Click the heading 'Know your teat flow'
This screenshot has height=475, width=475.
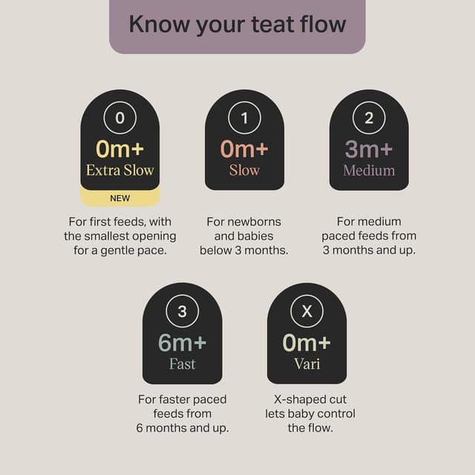point(237,24)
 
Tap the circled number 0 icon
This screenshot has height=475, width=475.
point(120,118)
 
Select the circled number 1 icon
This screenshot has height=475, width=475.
point(244,118)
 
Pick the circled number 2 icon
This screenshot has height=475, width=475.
point(369,118)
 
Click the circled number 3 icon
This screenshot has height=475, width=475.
point(182,311)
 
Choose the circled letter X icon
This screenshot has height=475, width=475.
point(307,311)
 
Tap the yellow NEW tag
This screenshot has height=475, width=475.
point(119,198)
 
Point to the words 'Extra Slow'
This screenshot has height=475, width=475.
point(120,170)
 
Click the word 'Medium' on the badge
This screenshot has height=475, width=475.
point(369,170)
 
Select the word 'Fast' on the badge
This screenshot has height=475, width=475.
point(182,363)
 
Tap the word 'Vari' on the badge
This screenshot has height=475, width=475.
point(307,363)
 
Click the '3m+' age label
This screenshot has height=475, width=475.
point(369,149)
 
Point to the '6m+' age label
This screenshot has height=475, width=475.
point(182,342)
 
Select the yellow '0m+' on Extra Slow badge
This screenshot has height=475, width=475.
point(120,149)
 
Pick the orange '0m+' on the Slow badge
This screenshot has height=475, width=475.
point(244,149)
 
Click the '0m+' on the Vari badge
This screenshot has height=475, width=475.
point(307,342)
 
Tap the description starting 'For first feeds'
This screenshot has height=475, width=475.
point(119,235)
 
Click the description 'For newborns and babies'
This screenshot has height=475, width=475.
point(244,235)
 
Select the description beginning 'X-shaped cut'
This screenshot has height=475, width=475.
point(307,413)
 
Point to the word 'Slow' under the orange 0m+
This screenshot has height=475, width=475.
point(244,170)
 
